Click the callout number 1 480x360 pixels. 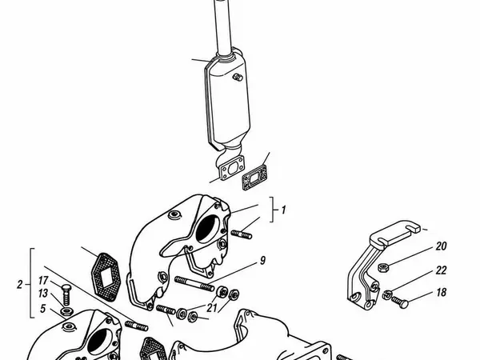point(283,210)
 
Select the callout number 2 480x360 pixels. point(19,285)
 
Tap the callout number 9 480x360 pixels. point(262,261)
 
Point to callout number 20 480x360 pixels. point(441,246)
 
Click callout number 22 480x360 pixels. point(441,270)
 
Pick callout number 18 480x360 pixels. point(441,292)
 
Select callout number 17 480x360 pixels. point(43,281)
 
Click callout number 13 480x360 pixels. point(43,294)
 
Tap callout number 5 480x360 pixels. point(42,309)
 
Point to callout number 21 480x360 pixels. point(211,308)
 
